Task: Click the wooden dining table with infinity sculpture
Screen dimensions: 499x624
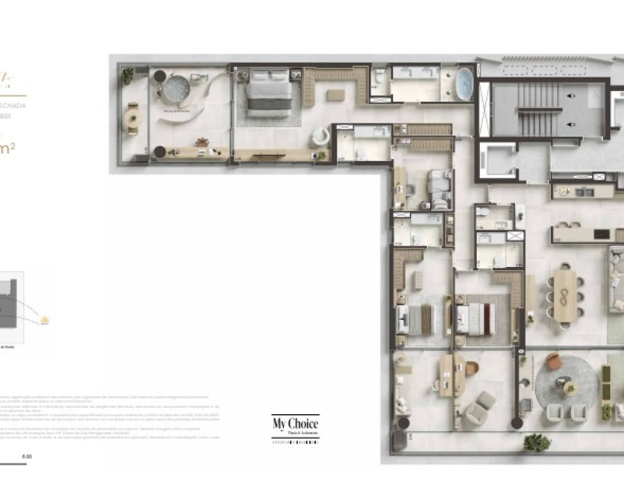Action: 565,296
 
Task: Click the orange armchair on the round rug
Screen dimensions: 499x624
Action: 553,362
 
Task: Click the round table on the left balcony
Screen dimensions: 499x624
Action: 133,117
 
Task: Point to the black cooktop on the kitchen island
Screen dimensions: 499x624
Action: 602,234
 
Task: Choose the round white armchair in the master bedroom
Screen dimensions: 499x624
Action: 321,137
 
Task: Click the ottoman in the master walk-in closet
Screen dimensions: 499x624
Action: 335,95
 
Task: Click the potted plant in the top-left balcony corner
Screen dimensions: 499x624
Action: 128,76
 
